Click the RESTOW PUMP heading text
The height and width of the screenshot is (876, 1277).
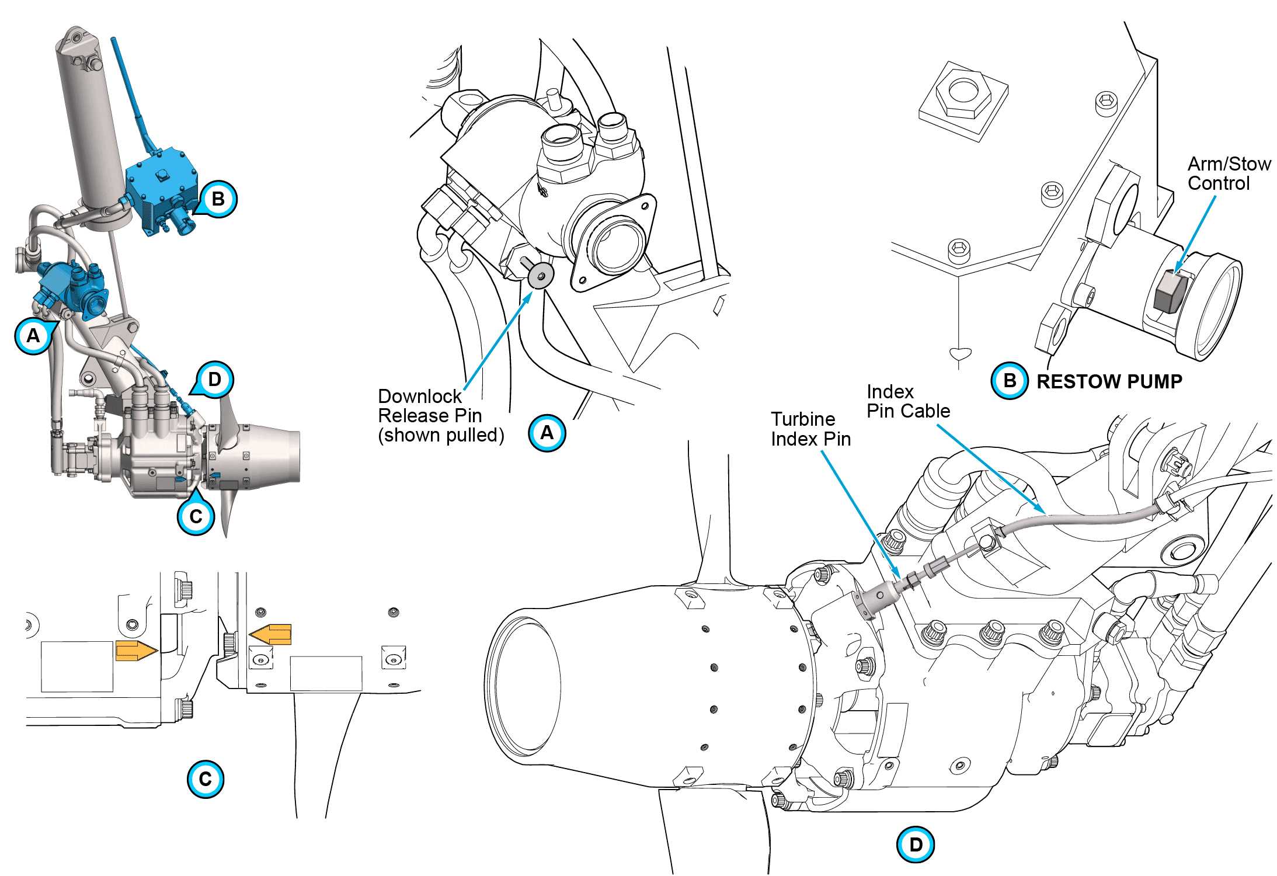click(1109, 381)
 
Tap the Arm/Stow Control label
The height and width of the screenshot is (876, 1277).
click(1229, 173)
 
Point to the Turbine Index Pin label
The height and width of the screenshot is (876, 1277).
click(810, 429)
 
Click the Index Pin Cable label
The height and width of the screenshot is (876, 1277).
click(908, 401)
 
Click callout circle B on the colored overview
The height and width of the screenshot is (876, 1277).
click(218, 199)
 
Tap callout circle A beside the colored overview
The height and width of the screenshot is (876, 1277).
click(33, 336)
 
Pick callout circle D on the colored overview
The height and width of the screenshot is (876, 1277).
click(214, 380)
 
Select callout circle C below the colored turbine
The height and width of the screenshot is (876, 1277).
click(196, 516)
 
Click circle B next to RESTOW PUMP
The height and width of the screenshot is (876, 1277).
click(1009, 381)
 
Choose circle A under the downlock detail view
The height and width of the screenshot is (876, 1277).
click(547, 433)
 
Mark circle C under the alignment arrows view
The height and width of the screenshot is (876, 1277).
click(205, 779)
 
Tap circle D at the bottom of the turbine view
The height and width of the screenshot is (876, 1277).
click(915, 844)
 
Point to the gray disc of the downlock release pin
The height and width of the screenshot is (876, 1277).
click(541, 274)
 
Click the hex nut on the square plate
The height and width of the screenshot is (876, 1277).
click(963, 93)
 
